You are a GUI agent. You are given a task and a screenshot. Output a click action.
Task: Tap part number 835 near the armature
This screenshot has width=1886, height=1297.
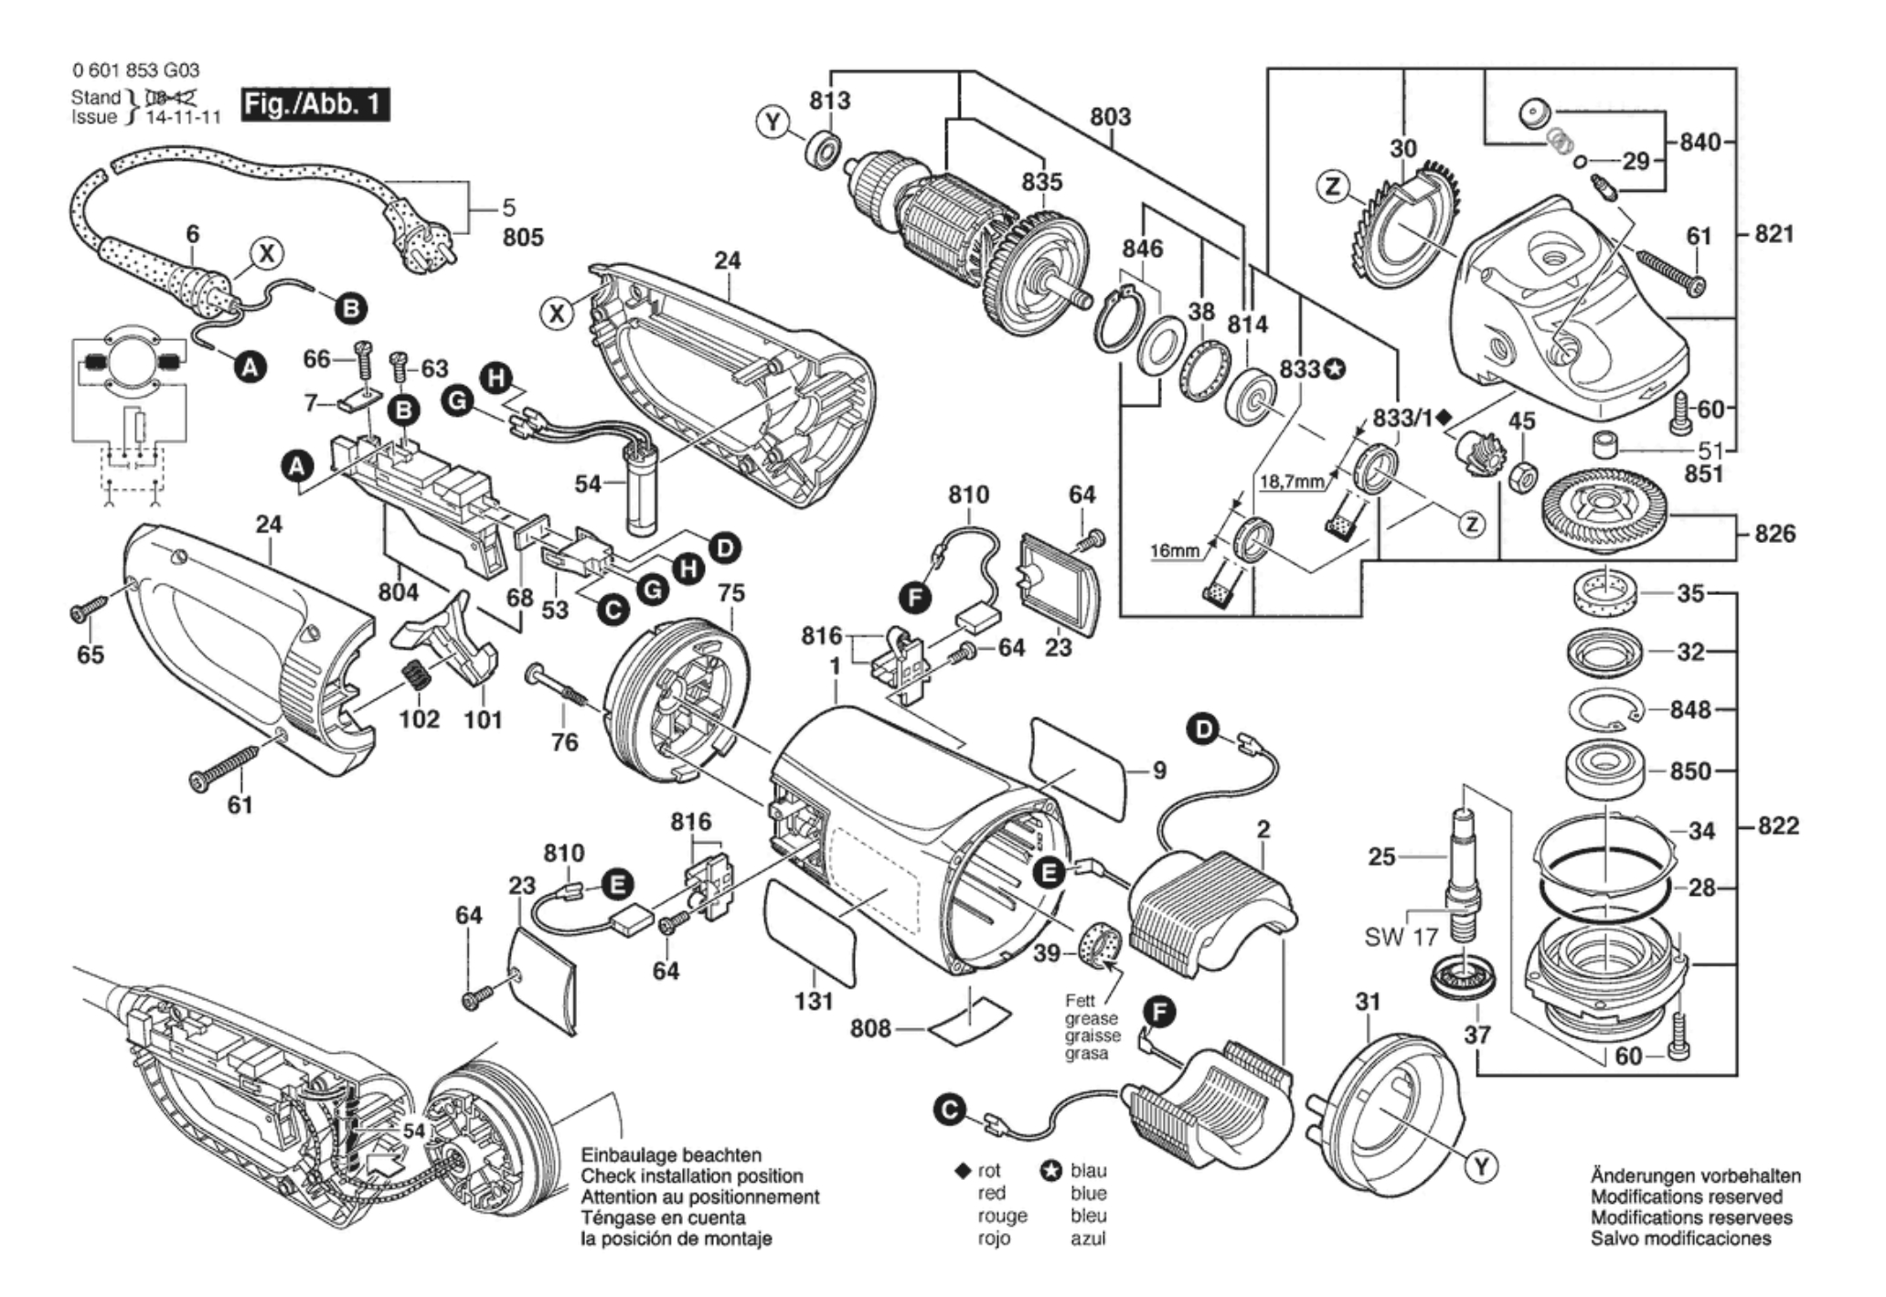(1042, 182)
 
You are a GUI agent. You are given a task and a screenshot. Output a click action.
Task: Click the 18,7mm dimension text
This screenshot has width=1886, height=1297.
(1292, 482)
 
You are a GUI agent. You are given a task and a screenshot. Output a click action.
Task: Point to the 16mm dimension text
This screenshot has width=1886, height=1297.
(1174, 551)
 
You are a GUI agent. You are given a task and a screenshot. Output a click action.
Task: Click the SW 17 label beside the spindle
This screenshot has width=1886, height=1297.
(1401, 937)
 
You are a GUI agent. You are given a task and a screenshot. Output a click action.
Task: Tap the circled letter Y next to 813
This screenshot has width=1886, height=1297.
(774, 122)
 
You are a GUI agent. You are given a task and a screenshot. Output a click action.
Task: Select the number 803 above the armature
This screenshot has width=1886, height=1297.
(1110, 116)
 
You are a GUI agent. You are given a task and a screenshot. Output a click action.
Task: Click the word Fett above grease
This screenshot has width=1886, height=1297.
(1081, 1001)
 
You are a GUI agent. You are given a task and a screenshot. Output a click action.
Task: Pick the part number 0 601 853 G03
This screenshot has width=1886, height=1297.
(135, 70)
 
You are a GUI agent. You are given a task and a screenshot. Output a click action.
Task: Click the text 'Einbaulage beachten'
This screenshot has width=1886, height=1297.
(671, 1155)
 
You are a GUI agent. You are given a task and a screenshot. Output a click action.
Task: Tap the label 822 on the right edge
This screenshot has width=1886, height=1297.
(1776, 826)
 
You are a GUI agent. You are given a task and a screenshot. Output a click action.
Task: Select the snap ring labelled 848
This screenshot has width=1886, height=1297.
(1607, 710)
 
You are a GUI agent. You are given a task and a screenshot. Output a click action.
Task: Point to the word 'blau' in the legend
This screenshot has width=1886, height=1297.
(1088, 1171)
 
